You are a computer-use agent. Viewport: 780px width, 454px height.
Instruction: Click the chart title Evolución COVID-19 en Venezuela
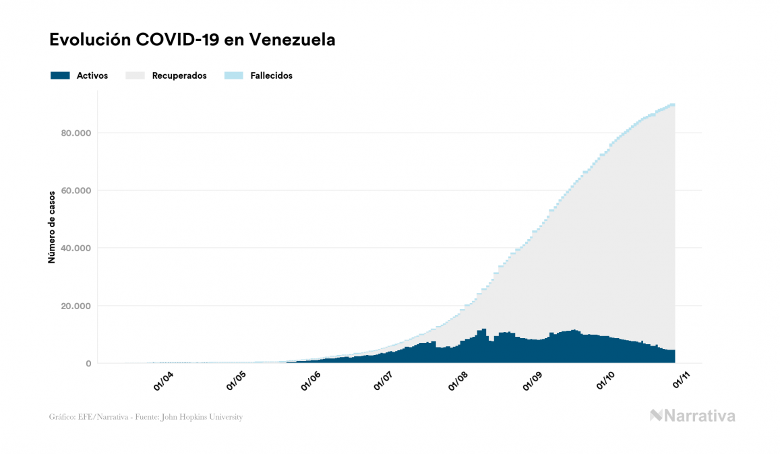click(192, 40)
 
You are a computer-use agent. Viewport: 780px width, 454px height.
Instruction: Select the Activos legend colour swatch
click(60, 75)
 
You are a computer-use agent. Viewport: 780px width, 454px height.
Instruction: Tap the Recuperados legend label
click(179, 75)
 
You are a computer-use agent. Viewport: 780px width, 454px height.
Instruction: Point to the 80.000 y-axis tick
click(76, 133)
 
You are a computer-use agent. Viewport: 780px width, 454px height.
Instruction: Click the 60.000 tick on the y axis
click(76, 191)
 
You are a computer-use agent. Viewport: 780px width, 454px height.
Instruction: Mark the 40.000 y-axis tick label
click(76, 248)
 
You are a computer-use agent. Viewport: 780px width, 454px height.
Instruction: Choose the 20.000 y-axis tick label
click(76, 306)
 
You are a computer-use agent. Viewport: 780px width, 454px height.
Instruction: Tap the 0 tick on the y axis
click(88, 364)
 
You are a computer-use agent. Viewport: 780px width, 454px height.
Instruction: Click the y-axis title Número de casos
click(52, 227)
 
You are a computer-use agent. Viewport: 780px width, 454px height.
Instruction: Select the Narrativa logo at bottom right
click(692, 416)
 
